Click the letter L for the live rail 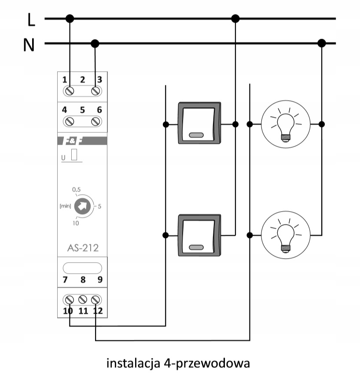click(30, 19)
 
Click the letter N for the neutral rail click(29, 44)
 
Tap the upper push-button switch click(199, 123)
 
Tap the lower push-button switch click(199, 234)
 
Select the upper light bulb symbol click(286, 124)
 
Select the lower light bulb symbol click(286, 235)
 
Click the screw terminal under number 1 click(70, 91)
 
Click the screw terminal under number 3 click(96, 91)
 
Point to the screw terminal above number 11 click(82, 300)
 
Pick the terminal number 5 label click(82, 110)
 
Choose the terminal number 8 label click(82, 279)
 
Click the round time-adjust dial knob click(82, 206)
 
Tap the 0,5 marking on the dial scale click(76, 189)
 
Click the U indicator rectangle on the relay click(74, 155)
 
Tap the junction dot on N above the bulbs click(322, 43)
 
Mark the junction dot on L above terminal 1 click(70, 18)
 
